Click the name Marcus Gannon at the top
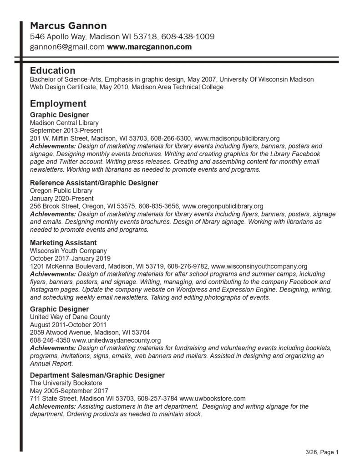tap(68, 26)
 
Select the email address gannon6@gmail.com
tap(67, 47)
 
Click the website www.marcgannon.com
tap(149, 47)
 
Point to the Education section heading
tap(52, 71)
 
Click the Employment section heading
tap(58, 103)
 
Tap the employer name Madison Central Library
tap(64, 123)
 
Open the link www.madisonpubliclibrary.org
tap(237, 138)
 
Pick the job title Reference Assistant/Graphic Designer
tap(94, 183)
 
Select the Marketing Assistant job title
tap(63, 243)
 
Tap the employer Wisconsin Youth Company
tap(68, 251)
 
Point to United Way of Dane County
tap(70, 317)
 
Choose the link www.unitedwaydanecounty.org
tap(116, 340)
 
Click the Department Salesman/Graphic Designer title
tap(97, 375)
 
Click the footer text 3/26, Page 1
tap(322, 452)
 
